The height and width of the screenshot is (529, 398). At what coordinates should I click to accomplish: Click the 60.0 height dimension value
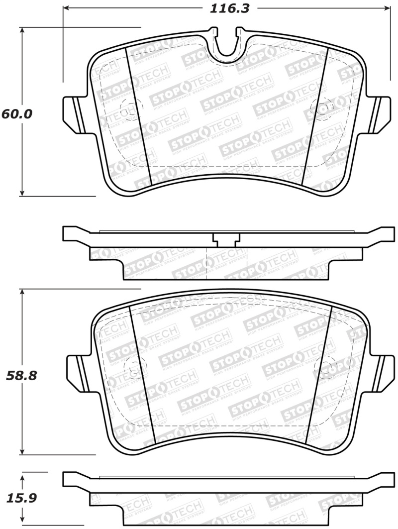(x=16, y=114)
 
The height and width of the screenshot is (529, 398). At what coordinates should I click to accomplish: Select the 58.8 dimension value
(x=20, y=375)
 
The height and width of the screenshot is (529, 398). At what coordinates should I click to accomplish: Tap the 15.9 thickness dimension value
(x=20, y=498)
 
